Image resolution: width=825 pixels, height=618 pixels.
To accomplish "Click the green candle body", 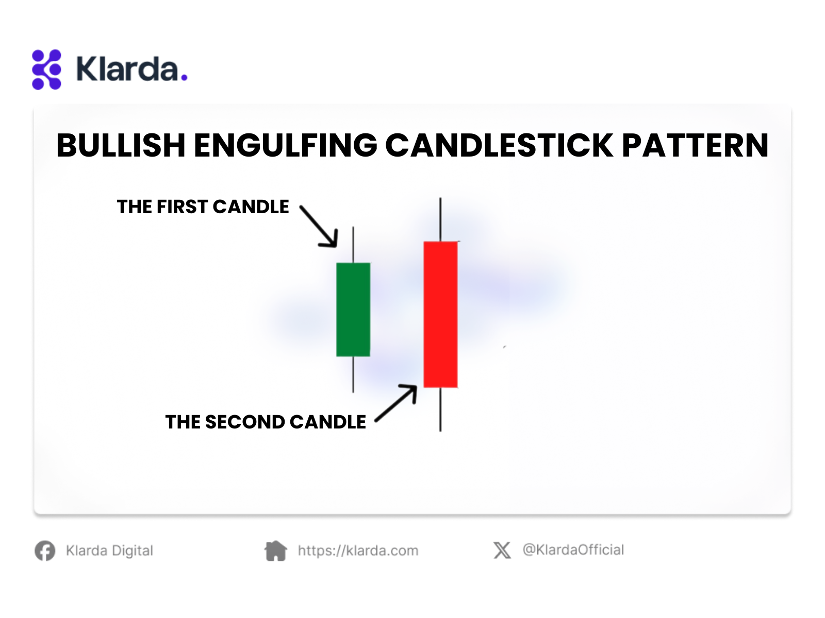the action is [353, 309].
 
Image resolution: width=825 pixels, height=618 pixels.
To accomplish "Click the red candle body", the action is [440, 314].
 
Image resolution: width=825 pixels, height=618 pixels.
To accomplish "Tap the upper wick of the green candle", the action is [353, 245].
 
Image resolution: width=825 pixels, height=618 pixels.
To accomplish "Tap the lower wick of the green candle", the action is [353, 374].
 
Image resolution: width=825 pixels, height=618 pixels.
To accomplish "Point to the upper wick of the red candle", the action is [440, 219].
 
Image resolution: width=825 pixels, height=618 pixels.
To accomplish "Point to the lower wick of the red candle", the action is [440, 409].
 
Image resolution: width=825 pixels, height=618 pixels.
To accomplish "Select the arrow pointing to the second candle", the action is [396, 403].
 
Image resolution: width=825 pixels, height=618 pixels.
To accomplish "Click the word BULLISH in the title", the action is [121, 145].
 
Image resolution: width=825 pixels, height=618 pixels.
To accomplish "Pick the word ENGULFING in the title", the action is [286, 145].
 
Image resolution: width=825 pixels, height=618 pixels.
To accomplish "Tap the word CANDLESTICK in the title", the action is [500, 145].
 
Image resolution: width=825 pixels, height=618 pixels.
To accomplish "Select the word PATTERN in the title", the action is [695, 145].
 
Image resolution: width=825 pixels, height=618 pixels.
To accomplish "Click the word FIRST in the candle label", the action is [183, 207].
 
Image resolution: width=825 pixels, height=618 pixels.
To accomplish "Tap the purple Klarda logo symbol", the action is [46, 70].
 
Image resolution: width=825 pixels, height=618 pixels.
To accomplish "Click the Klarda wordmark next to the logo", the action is [132, 69].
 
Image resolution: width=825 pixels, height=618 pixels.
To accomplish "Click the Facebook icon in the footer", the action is [45, 551].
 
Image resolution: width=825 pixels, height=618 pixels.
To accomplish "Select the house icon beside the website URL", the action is [276, 551].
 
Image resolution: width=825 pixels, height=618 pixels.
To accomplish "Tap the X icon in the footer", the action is [502, 551].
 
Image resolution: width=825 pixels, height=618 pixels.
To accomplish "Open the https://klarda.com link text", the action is [358, 551].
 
